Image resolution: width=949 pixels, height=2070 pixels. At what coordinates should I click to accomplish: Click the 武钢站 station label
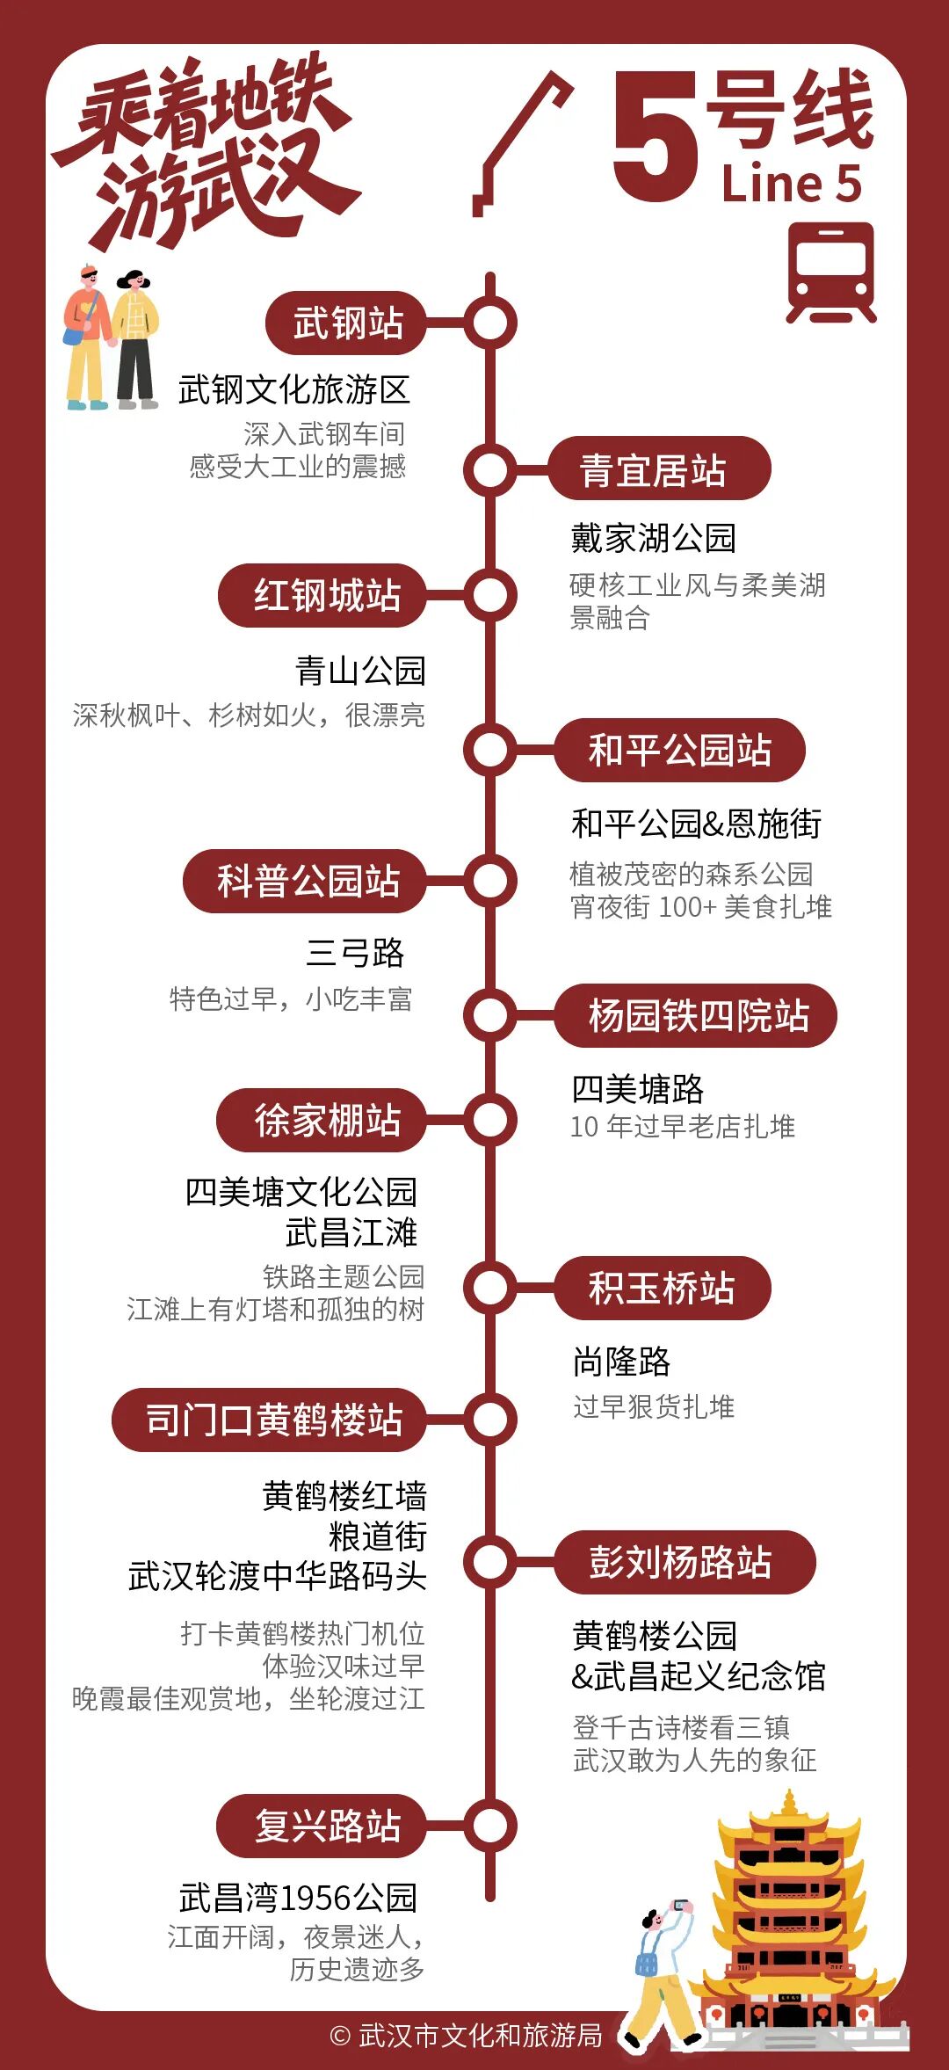[346, 323]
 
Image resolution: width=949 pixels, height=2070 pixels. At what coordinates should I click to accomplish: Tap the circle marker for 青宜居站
[490, 469]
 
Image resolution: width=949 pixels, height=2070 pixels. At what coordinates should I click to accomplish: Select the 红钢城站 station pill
[323, 595]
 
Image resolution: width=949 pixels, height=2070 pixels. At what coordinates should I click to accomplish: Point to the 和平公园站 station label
[679, 750]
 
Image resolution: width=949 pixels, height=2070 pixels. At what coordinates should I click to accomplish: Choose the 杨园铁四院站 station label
[696, 1015]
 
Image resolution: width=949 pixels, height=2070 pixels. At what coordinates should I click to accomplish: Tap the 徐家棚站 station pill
[322, 1120]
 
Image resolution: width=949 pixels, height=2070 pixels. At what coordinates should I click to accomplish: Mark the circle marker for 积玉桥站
[490, 1288]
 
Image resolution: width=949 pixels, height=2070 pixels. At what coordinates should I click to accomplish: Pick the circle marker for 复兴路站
[490, 1826]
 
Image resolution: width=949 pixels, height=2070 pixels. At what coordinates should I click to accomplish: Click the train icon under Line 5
[830, 272]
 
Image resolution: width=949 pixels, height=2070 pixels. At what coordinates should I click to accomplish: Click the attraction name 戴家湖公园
[653, 538]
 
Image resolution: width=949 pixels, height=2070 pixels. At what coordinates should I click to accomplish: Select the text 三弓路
[355, 953]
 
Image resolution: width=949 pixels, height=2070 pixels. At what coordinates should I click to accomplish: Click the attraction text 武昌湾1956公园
[298, 1898]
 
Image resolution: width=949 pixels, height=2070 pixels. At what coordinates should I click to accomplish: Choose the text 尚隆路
[621, 1362]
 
